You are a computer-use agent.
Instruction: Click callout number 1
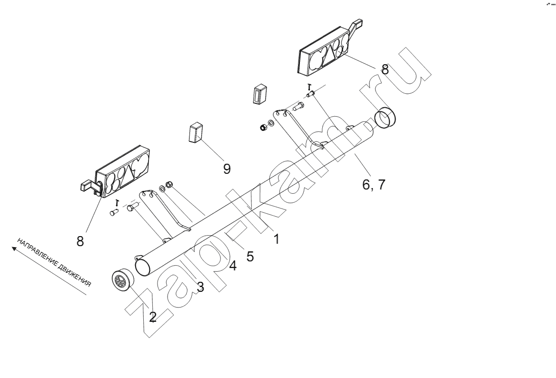click(x=277, y=239)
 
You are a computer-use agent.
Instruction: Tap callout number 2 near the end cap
click(x=152, y=317)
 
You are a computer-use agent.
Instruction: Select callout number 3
click(x=201, y=287)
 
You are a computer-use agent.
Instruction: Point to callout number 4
click(x=233, y=266)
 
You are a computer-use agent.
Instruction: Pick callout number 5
click(x=250, y=257)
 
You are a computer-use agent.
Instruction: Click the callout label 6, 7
click(x=373, y=185)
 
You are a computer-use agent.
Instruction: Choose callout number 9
click(x=227, y=169)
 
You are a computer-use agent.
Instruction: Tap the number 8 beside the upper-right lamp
click(x=385, y=69)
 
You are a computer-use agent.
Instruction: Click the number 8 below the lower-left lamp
click(x=80, y=241)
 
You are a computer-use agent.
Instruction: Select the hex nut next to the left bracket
click(x=169, y=184)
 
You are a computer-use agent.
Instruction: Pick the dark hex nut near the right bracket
click(x=263, y=127)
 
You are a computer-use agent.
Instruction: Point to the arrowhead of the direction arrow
click(x=14, y=249)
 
